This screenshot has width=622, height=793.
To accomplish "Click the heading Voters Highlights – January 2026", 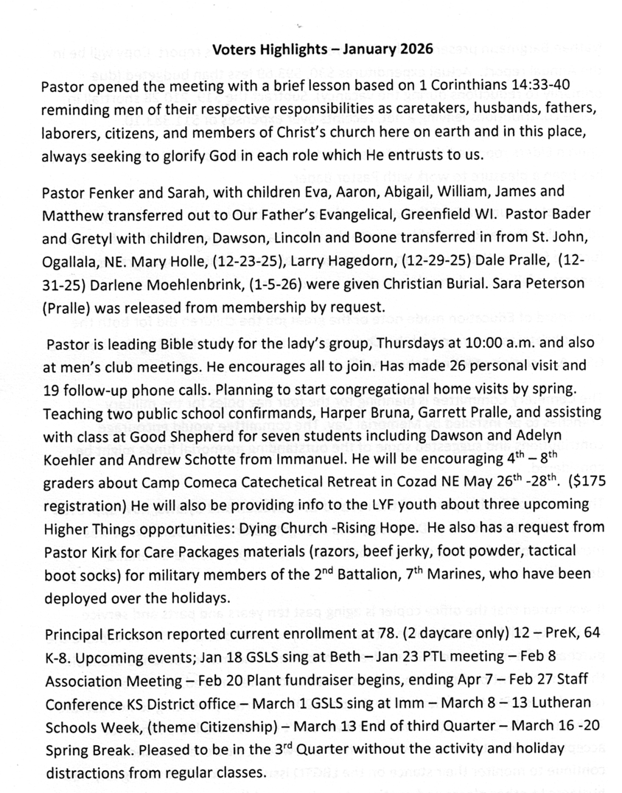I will point(323,51).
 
